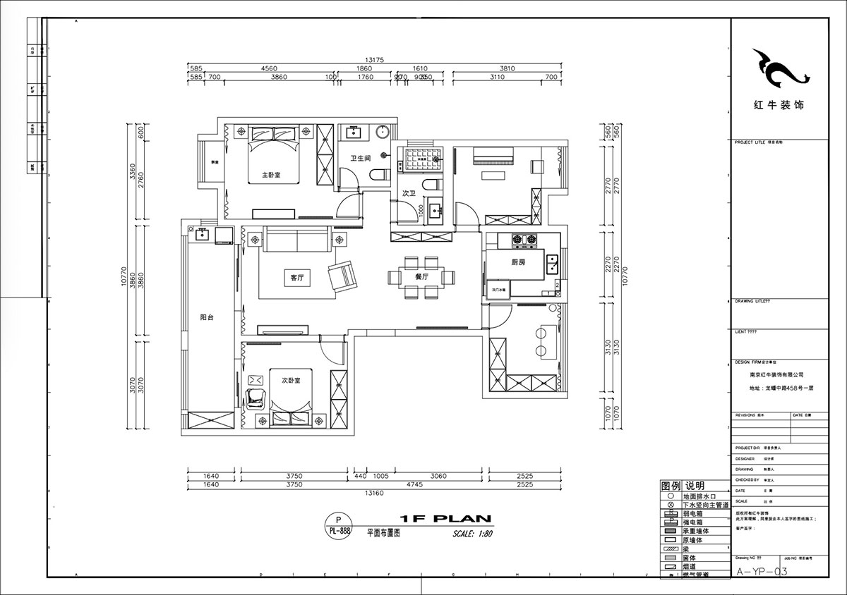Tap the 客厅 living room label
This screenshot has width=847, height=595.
296,278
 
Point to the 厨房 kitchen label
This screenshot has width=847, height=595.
518,262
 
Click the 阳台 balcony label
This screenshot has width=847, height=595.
206,317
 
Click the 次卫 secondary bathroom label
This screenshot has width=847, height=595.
409,192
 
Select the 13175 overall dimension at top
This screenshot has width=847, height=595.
374,60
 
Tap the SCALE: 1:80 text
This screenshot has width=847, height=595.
472,534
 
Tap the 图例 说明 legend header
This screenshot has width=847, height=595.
683,486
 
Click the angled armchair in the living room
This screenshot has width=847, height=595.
344,276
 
